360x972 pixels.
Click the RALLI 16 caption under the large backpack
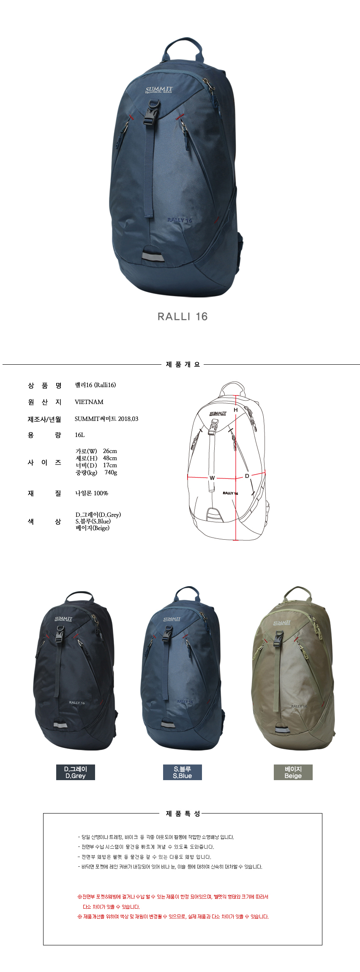[x=183, y=317]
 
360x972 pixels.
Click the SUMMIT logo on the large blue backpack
[x=159, y=90]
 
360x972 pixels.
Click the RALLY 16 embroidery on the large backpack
[x=180, y=220]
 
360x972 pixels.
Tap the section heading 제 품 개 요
[x=183, y=364]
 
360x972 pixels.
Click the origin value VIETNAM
[x=89, y=402]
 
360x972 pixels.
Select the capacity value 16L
[x=80, y=435]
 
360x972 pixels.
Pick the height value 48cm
[x=110, y=458]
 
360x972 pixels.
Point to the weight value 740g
[x=111, y=472]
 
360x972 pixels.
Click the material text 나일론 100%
[x=92, y=493]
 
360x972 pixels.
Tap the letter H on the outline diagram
[x=236, y=410]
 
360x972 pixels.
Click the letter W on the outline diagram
[x=212, y=478]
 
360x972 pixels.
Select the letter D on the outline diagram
[x=247, y=476]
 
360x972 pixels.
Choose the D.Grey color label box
[x=76, y=772]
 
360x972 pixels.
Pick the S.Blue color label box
[x=183, y=772]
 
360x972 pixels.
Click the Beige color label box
[x=293, y=772]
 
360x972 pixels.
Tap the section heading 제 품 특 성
[x=183, y=814]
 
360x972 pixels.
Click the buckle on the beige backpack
[x=278, y=638]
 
